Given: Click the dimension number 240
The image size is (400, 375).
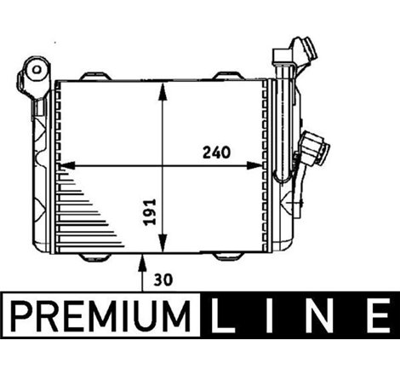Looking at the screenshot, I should [x=217, y=153].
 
